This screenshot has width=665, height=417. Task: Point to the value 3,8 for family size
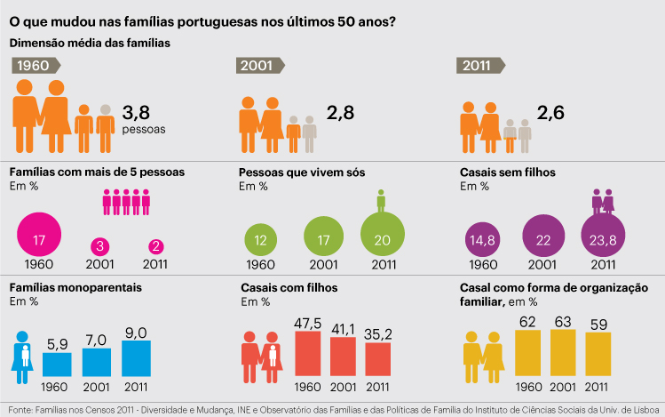click(140, 113)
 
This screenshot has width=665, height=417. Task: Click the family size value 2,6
click(554, 113)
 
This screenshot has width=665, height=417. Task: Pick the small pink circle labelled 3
click(100, 246)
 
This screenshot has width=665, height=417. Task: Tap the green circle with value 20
click(383, 236)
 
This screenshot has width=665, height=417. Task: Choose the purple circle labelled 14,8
click(481, 240)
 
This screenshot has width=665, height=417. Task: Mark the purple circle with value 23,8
click(603, 237)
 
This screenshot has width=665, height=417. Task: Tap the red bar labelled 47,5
click(308, 354)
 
